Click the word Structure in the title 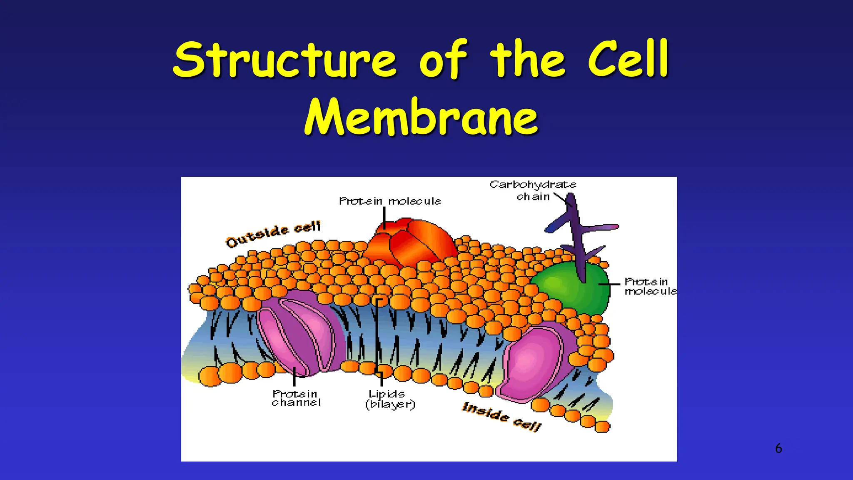pos(285,59)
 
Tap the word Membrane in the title pos(421,117)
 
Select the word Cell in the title pos(628,59)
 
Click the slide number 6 pos(778,448)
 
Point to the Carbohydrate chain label pos(533,190)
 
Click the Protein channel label pos(296,398)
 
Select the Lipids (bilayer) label pos(390,399)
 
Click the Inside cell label pos(501,416)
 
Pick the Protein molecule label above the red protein pos(390,201)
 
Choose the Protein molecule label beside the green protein pos(650,286)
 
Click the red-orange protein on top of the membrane pos(410,242)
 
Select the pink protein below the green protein pos(533,362)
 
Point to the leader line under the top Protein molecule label pos(384,217)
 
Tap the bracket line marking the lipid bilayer pos(377,333)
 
